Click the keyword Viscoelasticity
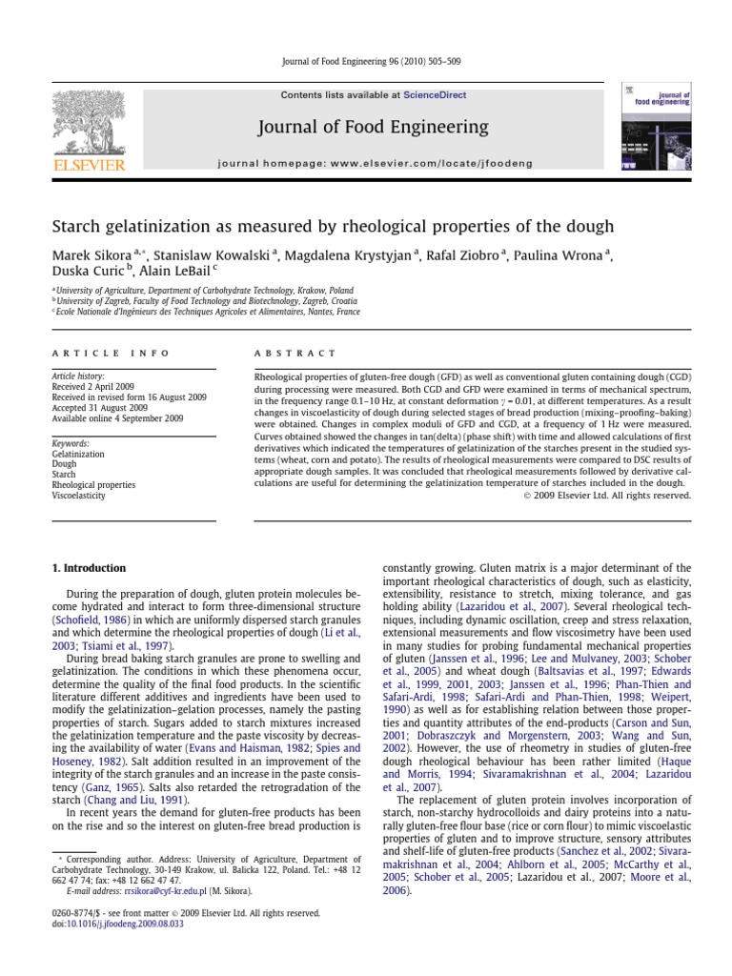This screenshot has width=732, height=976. click(x=78, y=496)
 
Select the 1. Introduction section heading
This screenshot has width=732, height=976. click(x=89, y=569)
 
